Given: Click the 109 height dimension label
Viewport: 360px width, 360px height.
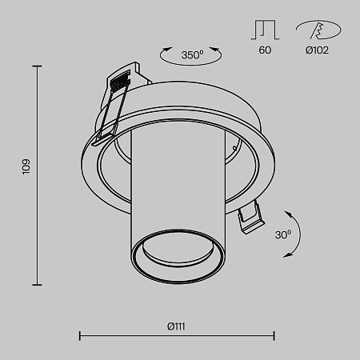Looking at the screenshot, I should coord(26,166).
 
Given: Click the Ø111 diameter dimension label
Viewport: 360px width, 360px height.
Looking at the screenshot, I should coord(177,325).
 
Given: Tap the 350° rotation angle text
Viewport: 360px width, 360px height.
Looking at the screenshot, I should coord(192,55).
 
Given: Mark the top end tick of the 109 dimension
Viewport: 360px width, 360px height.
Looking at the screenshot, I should coord(37,66).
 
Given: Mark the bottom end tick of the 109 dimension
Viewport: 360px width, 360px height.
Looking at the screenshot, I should coord(37,286).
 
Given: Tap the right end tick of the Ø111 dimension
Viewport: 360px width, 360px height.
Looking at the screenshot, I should coord(274,336).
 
